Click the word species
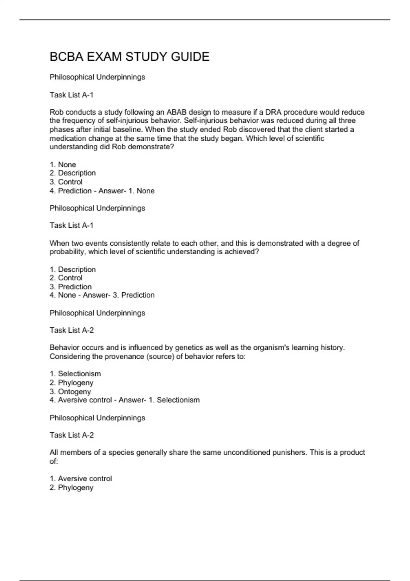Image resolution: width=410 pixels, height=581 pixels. [121, 452]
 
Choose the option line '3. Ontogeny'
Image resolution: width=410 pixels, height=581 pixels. [70, 392]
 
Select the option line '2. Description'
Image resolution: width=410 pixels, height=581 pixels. [73, 173]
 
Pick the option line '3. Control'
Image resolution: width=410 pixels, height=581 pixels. [66, 182]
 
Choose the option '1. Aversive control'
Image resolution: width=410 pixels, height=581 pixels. [81, 479]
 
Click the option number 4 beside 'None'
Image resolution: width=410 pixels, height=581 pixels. [52, 295]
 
